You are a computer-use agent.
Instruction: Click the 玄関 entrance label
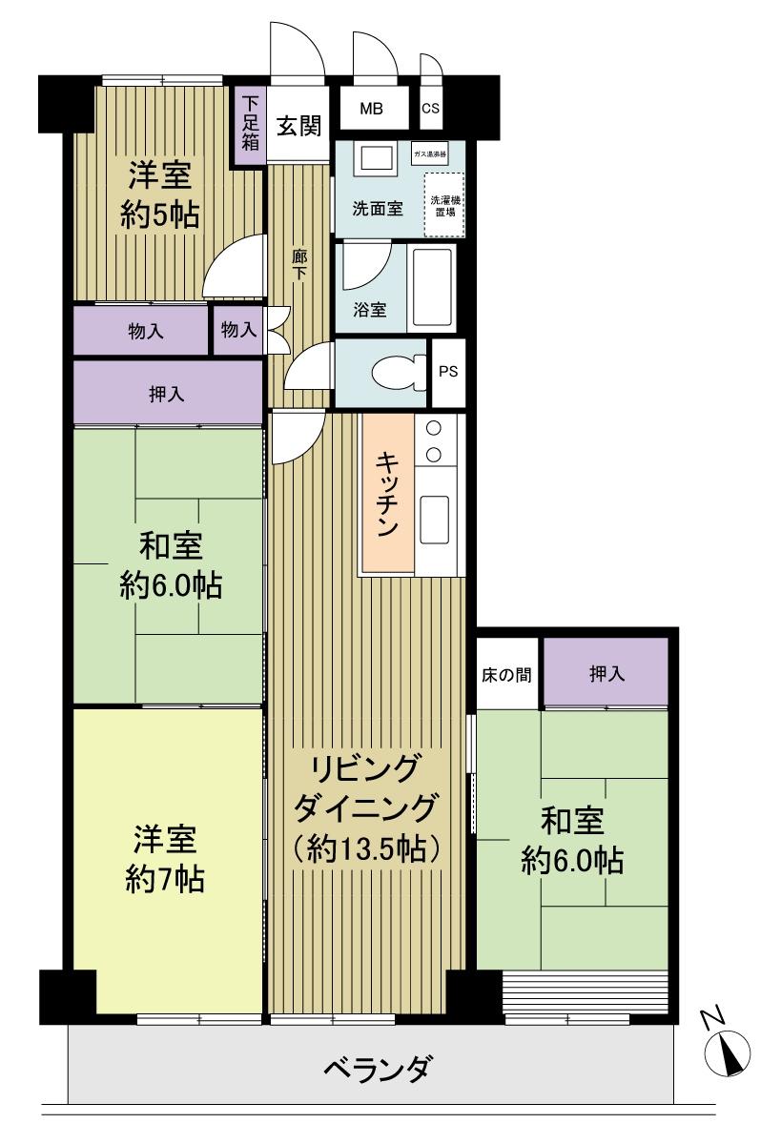pyautogui.click(x=298, y=125)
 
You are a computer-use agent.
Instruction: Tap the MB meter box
pyautogui.click(x=371, y=109)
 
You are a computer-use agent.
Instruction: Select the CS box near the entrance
pyautogui.click(x=431, y=109)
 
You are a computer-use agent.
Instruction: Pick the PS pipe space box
pyautogui.click(x=448, y=372)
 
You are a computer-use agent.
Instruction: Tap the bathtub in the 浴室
pyautogui.click(x=433, y=290)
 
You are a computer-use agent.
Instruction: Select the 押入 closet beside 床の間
pyautogui.click(x=606, y=674)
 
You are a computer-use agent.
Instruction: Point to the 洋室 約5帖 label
pyautogui.click(x=161, y=196)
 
